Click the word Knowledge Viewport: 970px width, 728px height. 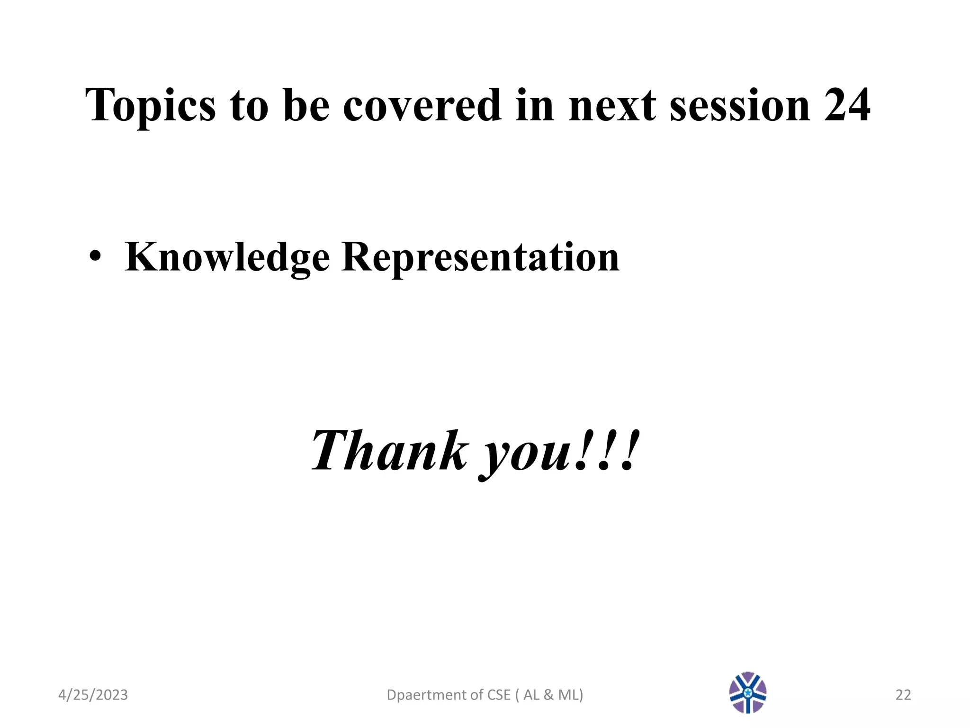[x=227, y=257]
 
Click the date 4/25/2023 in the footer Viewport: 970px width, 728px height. [x=93, y=695]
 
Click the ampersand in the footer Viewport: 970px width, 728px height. [x=548, y=695]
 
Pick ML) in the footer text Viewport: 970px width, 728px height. [x=571, y=695]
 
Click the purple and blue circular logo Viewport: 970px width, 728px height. [x=748, y=692]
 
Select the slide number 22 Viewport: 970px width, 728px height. [x=903, y=695]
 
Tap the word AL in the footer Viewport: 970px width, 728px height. [x=531, y=695]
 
